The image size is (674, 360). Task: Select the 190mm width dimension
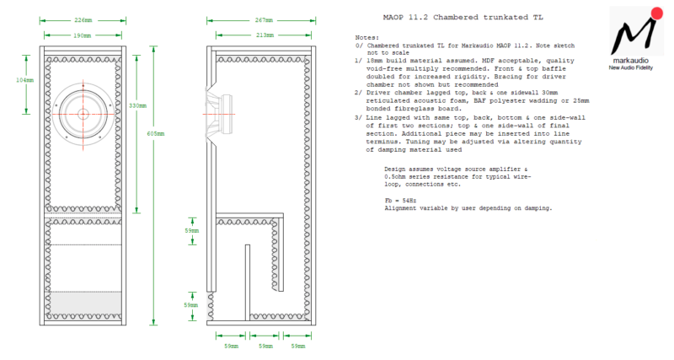point(83,36)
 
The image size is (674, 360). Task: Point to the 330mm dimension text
point(137,106)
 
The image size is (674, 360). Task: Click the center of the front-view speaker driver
point(83,114)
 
